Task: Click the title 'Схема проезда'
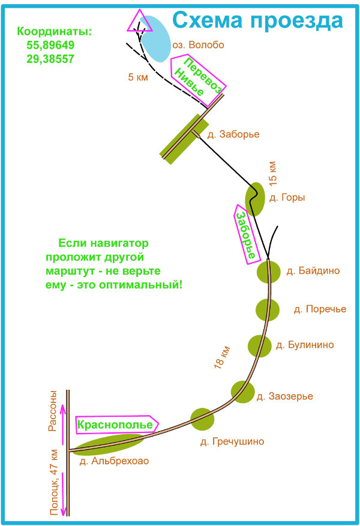coord(258,20)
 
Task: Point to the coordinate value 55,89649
coord(50,45)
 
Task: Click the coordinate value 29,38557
coord(50,59)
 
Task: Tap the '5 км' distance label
coord(138,77)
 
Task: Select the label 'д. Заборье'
coord(233,134)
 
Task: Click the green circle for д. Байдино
coord(268,271)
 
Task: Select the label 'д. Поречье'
coord(320,309)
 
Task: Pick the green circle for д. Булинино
coord(260,346)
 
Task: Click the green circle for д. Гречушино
coord(202,418)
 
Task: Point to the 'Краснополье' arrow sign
coord(116,424)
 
